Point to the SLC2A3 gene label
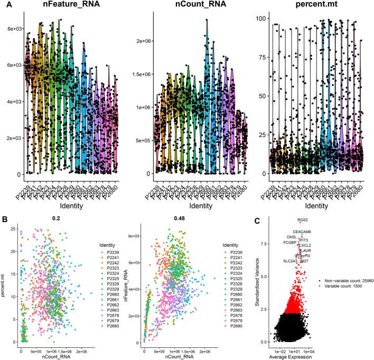289,261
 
